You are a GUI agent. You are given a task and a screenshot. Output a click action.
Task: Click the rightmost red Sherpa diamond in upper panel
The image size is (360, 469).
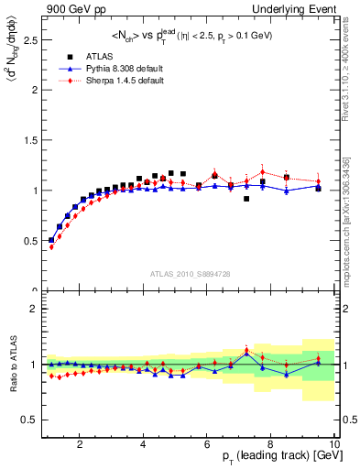[x=318, y=180]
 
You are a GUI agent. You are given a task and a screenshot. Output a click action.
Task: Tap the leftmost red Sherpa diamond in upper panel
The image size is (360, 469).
[x=52, y=247]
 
